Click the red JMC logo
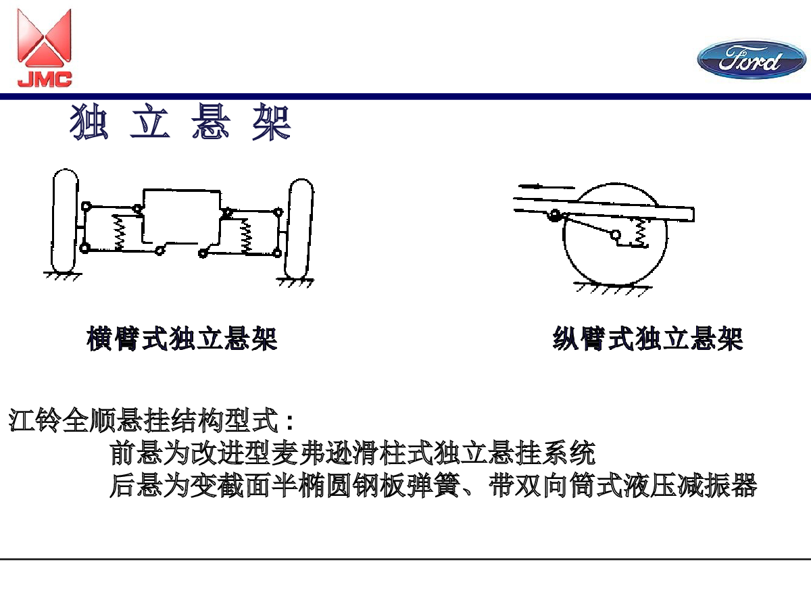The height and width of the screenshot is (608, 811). [x=45, y=48]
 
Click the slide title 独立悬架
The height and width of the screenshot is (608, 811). [x=180, y=122]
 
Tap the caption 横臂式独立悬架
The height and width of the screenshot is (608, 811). [x=182, y=338]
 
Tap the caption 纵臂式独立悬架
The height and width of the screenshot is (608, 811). [x=647, y=338]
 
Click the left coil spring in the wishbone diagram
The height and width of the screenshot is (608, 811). [x=119, y=233]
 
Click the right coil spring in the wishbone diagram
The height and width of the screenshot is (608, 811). [x=245, y=236]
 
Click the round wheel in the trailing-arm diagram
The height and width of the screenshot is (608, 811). [x=564, y=236]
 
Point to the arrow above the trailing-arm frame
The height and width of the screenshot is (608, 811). [x=547, y=187]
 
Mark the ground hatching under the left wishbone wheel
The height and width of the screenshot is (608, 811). [x=63, y=276]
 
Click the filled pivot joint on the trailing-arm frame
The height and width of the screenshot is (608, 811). [x=554, y=215]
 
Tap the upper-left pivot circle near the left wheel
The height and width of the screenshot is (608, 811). [x=86, y=206]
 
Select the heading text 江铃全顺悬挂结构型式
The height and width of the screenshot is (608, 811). [x=143, y=420]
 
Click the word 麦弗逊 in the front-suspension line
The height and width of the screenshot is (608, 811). [x=312, y=453]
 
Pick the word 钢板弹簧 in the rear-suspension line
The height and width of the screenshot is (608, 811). [x=406, y=485]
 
